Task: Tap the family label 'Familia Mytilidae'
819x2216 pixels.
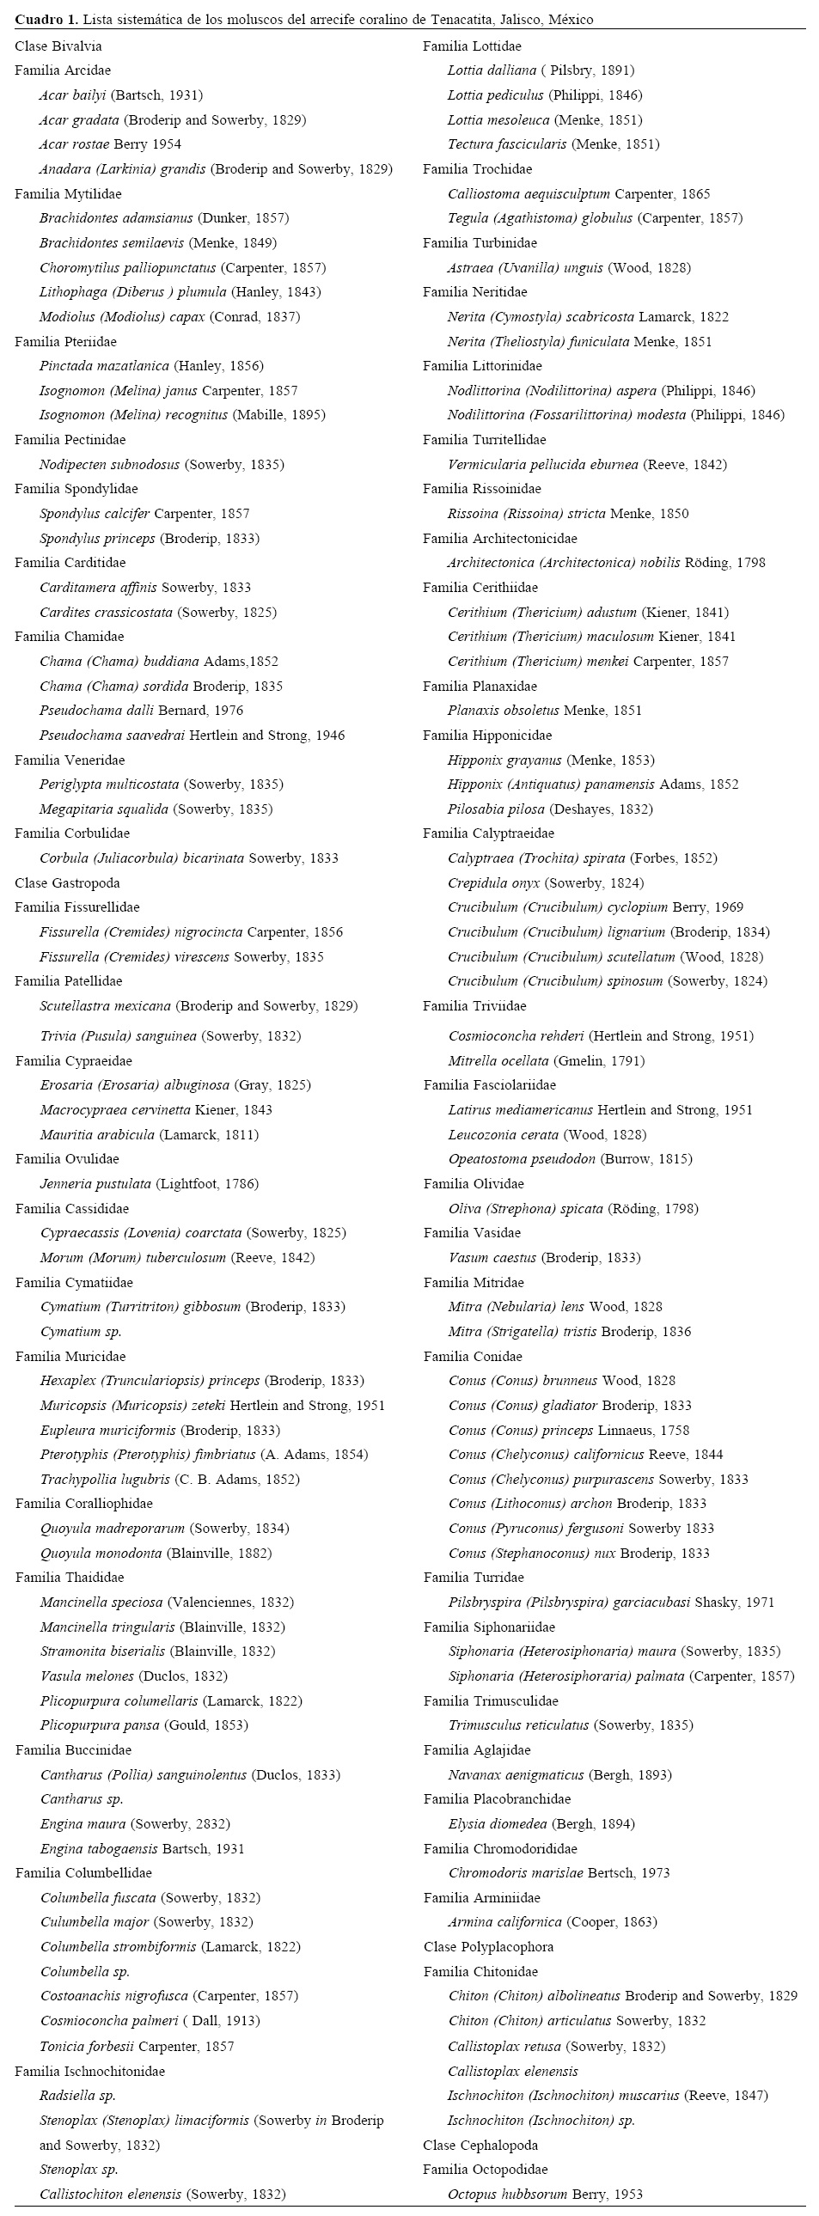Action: coord(68,193)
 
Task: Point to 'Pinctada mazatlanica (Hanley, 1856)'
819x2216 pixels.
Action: coord(151,365)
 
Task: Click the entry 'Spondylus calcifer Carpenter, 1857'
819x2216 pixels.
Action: coord(144,514)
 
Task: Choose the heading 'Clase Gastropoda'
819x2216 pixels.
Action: coord(67,882)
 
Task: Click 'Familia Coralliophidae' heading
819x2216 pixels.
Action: coord(83,1504)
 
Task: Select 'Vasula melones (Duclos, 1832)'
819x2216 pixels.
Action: coord(133,1676)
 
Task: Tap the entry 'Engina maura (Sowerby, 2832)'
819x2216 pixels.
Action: coord(135,1823)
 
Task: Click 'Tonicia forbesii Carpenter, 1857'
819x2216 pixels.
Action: coord(137,2047)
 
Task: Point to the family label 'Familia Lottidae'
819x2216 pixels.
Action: coord(472,46)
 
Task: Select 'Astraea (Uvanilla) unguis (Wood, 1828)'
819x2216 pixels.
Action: coord(569,267)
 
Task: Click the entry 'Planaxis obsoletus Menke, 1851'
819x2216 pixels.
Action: coord(545,711)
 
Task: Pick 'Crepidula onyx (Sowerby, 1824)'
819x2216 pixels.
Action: coord(546,882)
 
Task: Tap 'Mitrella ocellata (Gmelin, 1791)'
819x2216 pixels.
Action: coord(547,1060)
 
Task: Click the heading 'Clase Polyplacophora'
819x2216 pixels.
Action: coord(488,1947)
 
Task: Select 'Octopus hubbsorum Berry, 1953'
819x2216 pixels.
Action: coord(545,2195)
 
